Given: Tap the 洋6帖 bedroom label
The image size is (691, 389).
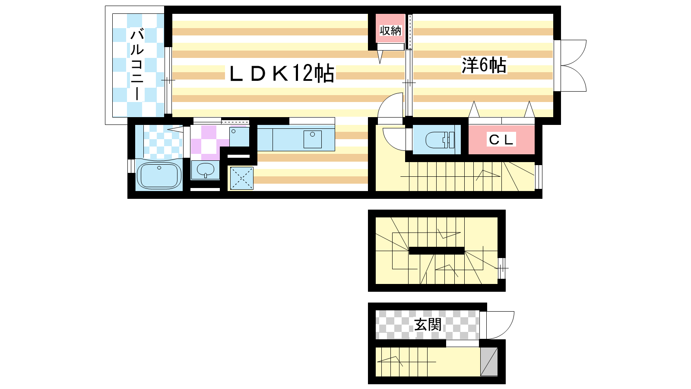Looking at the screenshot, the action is click(484, 65).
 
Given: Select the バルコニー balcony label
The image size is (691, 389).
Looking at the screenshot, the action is click(137, 64).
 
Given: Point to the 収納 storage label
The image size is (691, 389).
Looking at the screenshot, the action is click(390, 31).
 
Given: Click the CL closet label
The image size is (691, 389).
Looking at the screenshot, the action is click(501, 140).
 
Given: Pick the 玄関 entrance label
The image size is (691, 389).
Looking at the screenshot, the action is click(428, 325).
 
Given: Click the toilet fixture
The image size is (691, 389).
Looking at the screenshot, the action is click(440, 140).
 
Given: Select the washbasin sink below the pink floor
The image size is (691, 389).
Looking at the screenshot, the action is click(206, 170).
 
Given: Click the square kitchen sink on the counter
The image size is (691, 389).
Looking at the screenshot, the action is click(313, 139).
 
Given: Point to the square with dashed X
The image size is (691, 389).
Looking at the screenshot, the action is click(242, 178).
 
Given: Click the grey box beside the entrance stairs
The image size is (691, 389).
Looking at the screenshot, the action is click(489, 362).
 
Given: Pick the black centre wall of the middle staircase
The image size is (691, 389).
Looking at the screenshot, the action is click(437, 251).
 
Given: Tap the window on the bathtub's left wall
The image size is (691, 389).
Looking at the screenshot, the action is click(131, 166).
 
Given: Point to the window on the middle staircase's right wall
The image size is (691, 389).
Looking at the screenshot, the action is click(502, 268).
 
